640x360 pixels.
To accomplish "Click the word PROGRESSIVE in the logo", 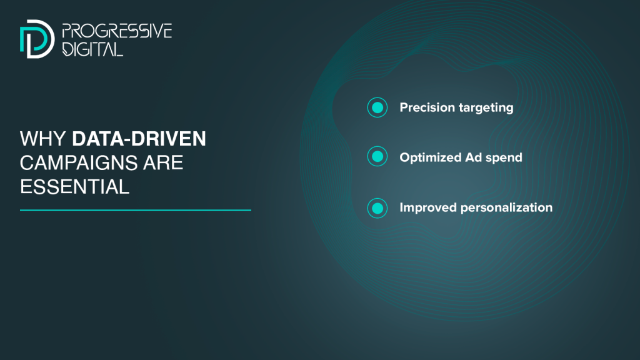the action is [x=117, y=31].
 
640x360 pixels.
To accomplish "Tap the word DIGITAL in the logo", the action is [x=92, y=49].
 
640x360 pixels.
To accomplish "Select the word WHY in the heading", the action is [x=43, y=139].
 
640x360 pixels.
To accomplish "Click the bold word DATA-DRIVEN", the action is [x=139, y=139].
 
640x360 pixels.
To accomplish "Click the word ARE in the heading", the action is [x=163, y=163].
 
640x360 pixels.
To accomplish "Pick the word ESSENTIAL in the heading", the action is [x=75, y=187].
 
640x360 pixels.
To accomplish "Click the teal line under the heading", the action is [x=136, y=210].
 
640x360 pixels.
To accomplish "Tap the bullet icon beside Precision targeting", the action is [x=377, y=107].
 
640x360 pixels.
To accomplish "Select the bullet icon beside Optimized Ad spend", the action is [x=377, y=156].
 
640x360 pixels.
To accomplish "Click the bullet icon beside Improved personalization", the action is [x=377, y=208].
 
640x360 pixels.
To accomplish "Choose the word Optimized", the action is [x=431, y=158].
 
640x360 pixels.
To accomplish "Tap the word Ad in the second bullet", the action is [x=474, y=157].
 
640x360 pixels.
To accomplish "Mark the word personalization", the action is [x=506, y=207].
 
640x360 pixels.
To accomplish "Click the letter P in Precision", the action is [x=404, y=107].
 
